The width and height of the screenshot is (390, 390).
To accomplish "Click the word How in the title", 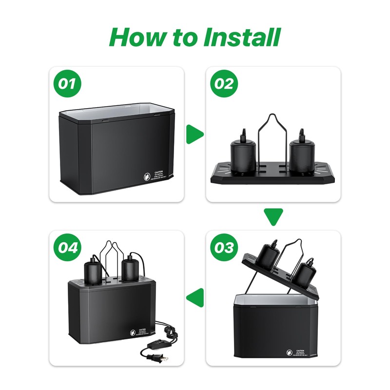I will tap(137, 37).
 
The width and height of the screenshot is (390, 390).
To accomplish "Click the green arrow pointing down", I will tap(273, 215).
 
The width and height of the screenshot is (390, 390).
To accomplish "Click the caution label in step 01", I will tap(157, 177).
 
